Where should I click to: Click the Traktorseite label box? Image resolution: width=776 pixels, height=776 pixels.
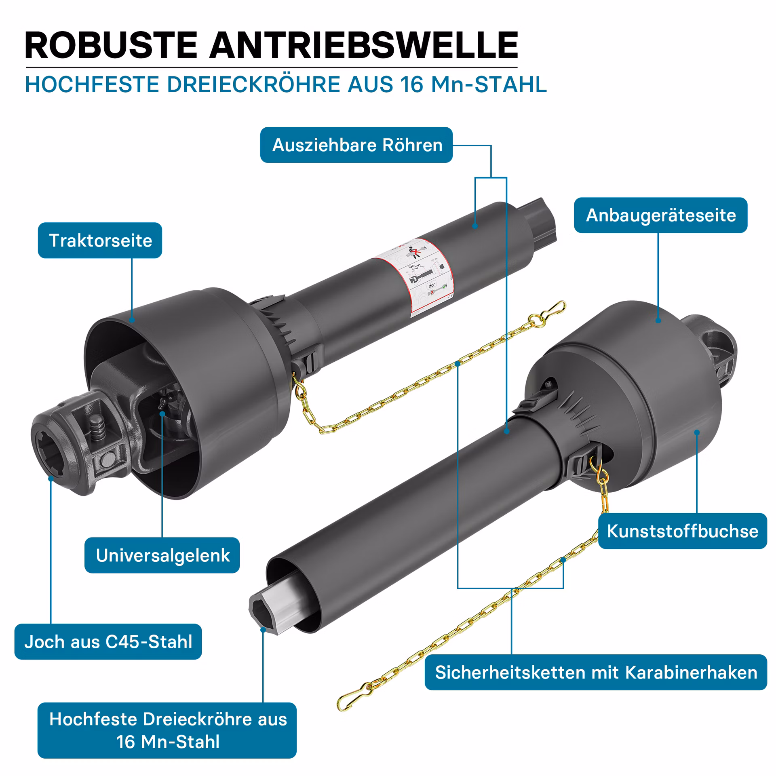tap(100, 240)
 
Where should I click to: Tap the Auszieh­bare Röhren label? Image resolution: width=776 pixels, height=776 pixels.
tap(356, 145)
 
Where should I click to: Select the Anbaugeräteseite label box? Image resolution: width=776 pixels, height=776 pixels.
tap(661, 215)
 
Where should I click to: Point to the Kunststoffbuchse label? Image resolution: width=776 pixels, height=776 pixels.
tap(683, 531)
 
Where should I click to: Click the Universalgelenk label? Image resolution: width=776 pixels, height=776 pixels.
tap(162, 555)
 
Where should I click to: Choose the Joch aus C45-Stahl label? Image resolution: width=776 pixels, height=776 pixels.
tap(108, 642)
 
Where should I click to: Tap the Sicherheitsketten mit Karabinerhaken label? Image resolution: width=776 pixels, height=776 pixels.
tap(596, 673)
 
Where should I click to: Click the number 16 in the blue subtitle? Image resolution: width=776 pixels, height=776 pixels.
tap(412, 84)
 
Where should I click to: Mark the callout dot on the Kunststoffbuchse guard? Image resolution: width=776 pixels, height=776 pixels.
tap(697, 432)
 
